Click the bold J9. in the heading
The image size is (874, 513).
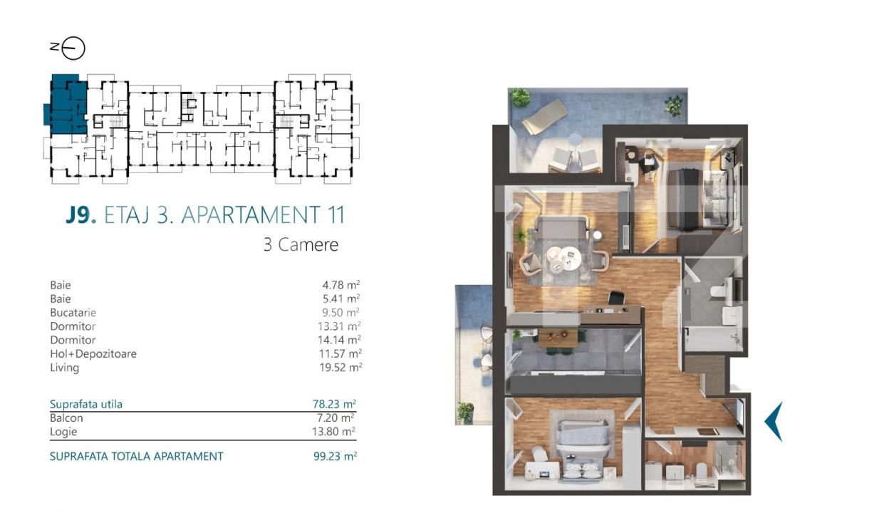(80, 214)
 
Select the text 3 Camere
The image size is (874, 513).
(301, 245)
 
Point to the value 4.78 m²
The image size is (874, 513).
(340, 286)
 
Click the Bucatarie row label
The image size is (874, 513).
(73, 313)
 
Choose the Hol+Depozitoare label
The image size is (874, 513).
(93, 354)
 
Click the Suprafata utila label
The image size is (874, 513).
(85, 404)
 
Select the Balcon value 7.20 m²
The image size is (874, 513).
(338, 418)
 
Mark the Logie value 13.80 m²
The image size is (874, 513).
(337, 431)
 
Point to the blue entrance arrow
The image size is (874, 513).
(774, 421)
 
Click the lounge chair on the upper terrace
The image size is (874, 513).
(545, 116)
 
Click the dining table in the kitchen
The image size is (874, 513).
(556, 338)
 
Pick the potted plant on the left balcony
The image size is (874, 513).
(465, 410)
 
